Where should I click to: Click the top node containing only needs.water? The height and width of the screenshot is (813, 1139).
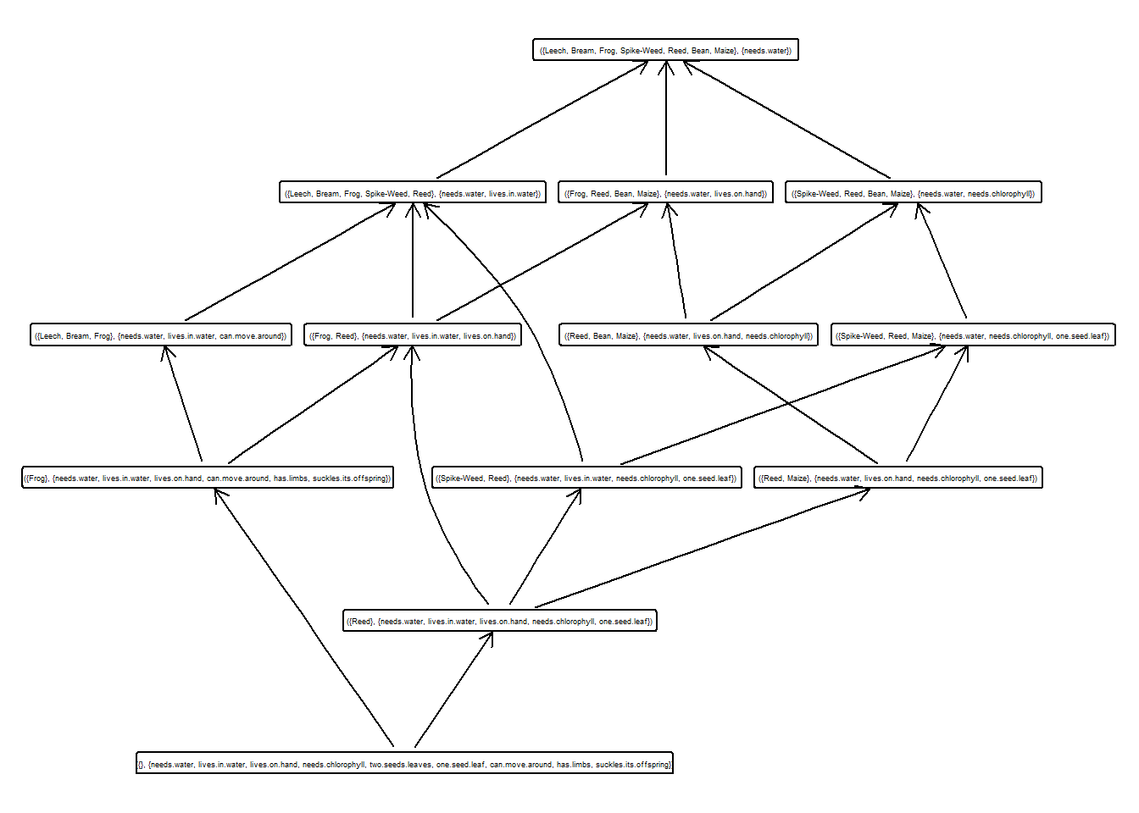(x=665, y=51)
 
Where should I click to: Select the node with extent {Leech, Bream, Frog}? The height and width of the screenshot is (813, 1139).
(x=160, y=336)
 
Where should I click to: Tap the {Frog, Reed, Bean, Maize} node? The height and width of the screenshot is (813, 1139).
(x=665, y=194)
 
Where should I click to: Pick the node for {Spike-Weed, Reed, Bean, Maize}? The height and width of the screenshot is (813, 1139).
(x=913, y=194)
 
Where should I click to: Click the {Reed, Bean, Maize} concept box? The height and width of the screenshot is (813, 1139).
(x=688, y=336)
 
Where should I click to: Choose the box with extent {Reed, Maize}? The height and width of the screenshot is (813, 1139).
(x=897, y=478)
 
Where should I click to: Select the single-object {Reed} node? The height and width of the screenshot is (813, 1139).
(x=500, y=622)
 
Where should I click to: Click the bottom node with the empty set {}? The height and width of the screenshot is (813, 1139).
(x=404, y=765)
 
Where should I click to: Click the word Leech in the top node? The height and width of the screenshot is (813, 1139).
(x=556, y=51)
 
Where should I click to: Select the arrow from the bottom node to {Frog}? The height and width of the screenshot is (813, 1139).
(x=305, y=618)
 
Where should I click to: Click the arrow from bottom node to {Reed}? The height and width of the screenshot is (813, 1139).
(x=453, y=690)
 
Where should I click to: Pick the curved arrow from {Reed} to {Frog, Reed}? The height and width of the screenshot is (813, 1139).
(x=428, y=491)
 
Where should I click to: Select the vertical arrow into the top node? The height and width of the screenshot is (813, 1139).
(x=666, y=119)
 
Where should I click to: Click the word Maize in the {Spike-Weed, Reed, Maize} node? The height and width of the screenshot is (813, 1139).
(x=922, y=336)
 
